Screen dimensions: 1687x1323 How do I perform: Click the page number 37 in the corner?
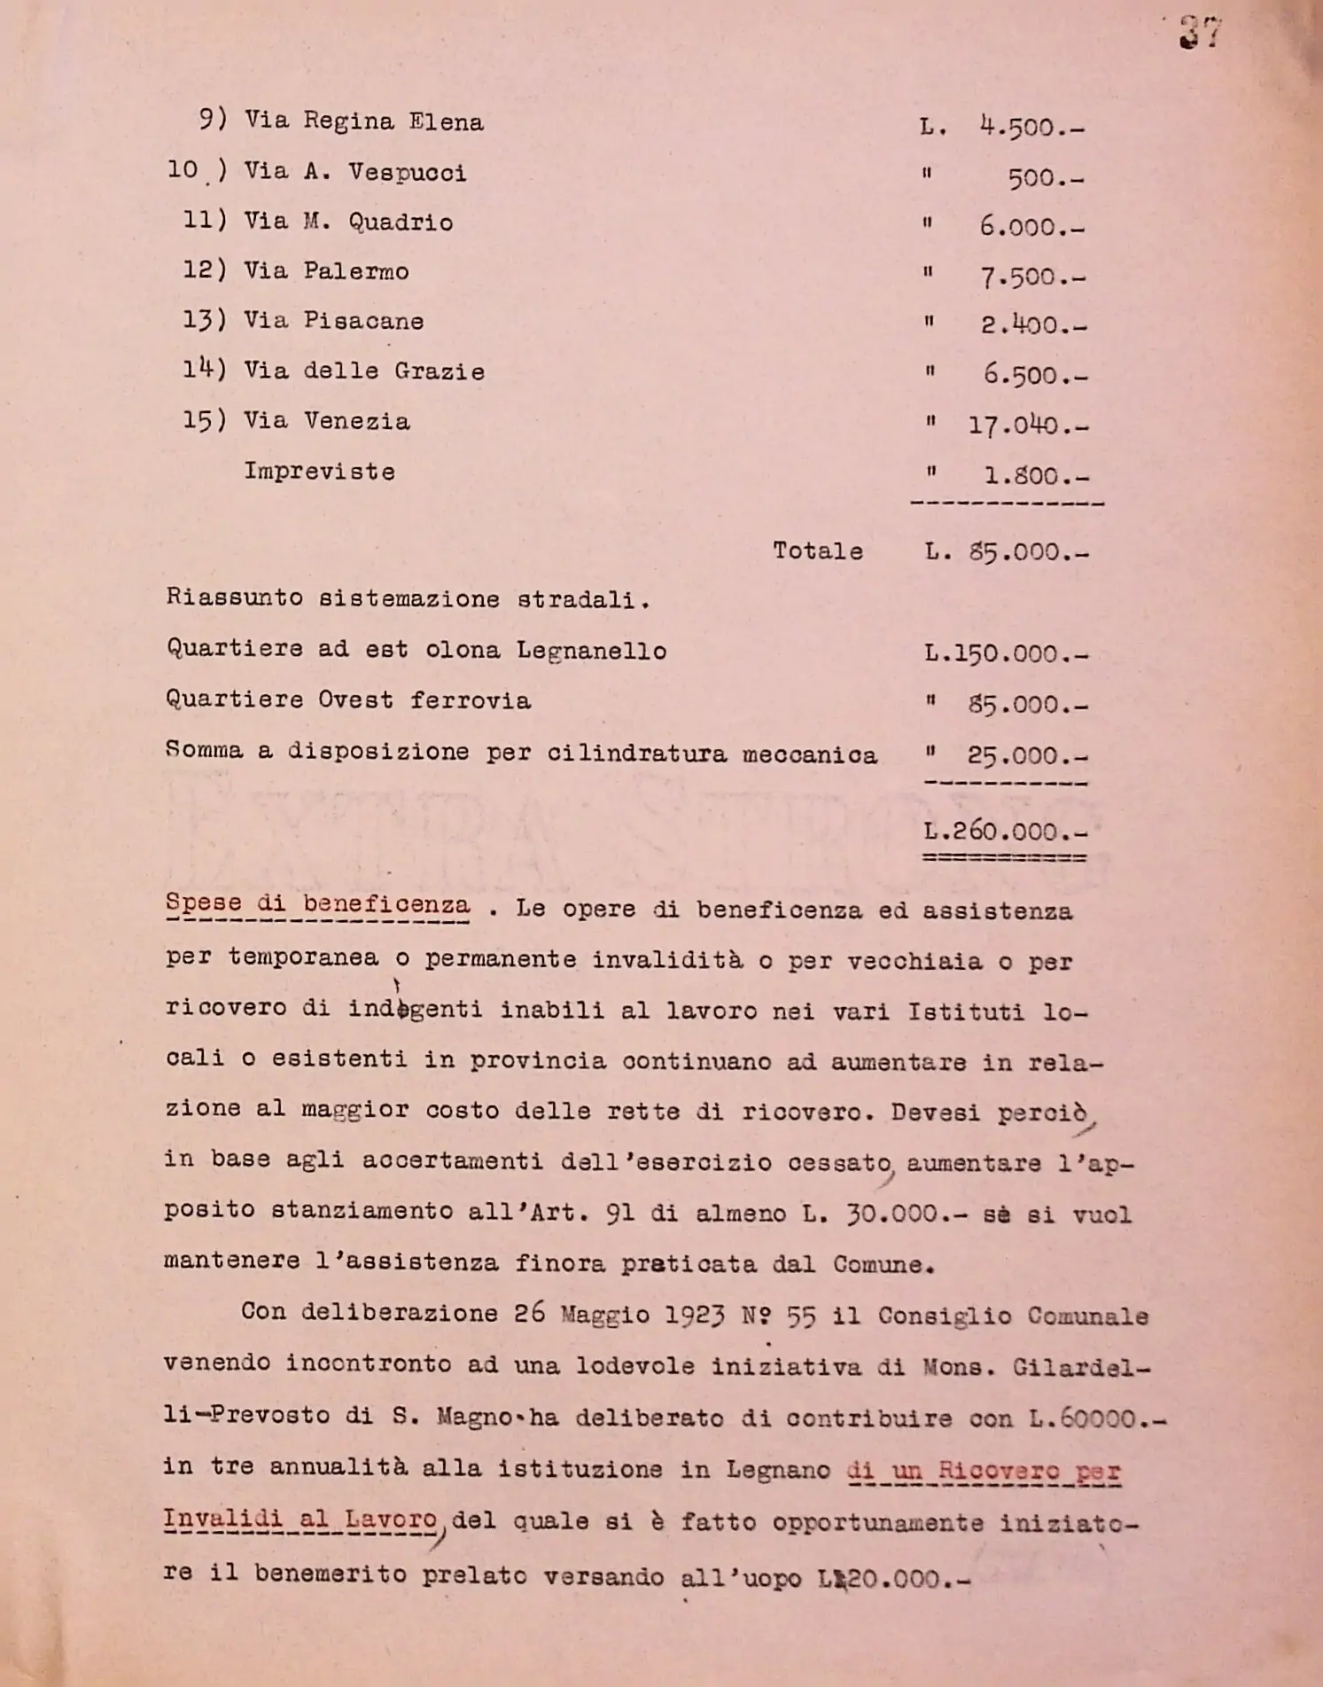[1201, 33]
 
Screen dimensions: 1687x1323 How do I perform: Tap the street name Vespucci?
[407, 172]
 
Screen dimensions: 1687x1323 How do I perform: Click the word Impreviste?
[319, 472]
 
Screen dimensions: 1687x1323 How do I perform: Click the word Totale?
[817, 551]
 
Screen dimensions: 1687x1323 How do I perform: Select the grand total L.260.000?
[1004, 832]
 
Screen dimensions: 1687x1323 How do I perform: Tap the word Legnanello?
[591, 651]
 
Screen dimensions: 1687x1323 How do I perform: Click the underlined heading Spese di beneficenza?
[317, 905]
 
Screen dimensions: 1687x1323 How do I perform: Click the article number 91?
[620, 1213]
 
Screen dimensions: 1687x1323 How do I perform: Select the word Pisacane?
[363, 321]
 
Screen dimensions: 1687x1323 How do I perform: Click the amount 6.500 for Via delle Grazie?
[1032, 376]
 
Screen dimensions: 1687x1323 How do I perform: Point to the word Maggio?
[605, 1315]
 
